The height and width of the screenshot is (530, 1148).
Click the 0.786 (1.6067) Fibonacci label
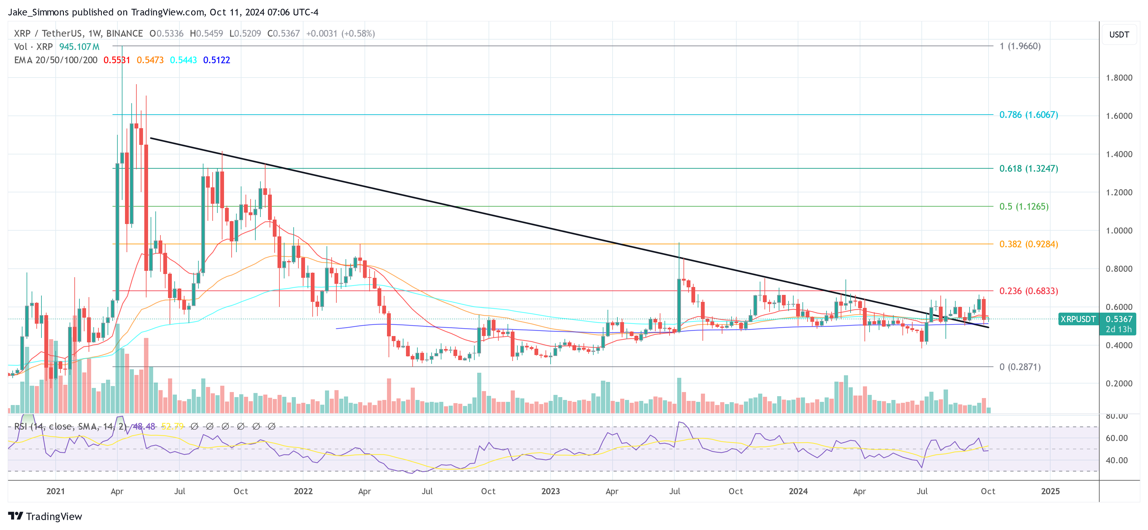pyautogui.click(x=1028, y=115)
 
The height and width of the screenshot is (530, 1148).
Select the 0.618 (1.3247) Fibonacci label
pyautogui.click(x=1028, y=169)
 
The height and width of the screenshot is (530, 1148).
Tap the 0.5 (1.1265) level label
pyautogui.click(x=1024, y=206)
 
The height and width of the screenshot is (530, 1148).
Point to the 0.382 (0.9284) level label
pyautogui.click(x=1028, y=244)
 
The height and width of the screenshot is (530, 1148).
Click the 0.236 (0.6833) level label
pyautogui.click(x=1028, y=291)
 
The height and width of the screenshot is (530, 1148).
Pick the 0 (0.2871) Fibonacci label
pyautogui.click(x=1020, y=367)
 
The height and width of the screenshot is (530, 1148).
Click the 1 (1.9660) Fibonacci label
pyautogui.click(x=1020, y=46)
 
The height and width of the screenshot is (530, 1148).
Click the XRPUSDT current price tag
pyautogui.click(x=1077, y=319)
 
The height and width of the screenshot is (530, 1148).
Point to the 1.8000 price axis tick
pyautogui.click(x=1119, y=78)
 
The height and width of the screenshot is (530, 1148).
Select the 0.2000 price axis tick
pyautogui.click(x=1119, y=383)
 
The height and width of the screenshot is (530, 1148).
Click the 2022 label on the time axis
pyautogui.click(x=303, y=491)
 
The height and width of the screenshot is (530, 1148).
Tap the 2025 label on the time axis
pyautogui.click(x=1050, y=491)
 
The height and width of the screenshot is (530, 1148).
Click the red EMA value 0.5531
pyautogui.click(x=117, y=60)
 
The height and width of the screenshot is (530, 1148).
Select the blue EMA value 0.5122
pyautogui.click(x=216, y=60)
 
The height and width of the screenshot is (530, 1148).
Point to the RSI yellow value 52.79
pyautogui.click(x=172, y=427)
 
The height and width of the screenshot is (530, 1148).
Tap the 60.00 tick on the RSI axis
pyautogui.click(x=1116, y=438)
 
